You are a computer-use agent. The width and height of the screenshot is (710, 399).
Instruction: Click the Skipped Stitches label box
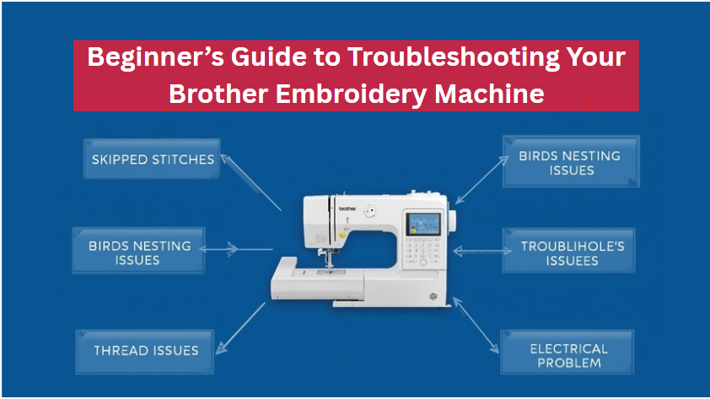(153, 159)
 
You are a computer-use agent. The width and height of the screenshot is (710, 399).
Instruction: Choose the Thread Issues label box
(146, 350)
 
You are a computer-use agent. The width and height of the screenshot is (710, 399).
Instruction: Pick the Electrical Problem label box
(568, 355)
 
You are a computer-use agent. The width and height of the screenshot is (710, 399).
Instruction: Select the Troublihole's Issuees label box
(571, 254)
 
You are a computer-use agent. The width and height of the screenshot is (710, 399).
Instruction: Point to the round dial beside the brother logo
(368, 214)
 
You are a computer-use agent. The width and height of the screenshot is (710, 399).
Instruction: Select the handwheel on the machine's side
(453, 220)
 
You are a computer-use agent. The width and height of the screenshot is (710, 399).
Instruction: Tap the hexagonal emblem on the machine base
(433, 294)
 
